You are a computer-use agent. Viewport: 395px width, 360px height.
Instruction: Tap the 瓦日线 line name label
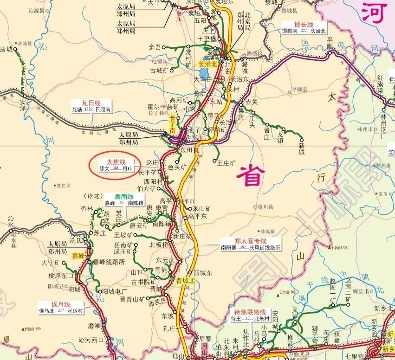91,103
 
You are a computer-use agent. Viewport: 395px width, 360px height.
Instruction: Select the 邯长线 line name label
304,24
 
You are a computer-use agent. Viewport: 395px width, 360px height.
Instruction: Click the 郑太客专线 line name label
250,241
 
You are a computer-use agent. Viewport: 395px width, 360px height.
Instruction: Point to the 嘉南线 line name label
114,196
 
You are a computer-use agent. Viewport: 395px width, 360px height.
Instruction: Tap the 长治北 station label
207,64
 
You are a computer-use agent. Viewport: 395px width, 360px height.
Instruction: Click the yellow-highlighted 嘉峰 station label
78,256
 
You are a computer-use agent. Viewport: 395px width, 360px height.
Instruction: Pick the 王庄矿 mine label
227,163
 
